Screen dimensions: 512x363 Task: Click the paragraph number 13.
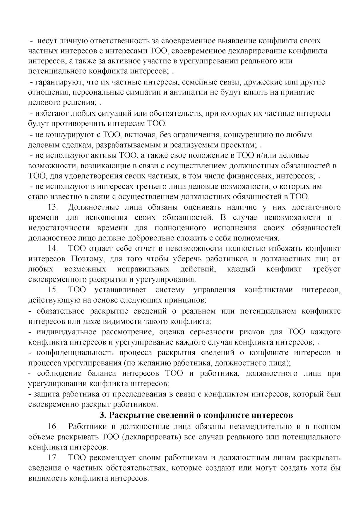click(53, 207)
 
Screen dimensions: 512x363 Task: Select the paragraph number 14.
click(53, 249)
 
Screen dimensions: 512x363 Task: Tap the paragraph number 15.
click(53, 290)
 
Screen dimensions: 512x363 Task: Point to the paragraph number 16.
click(53, 426)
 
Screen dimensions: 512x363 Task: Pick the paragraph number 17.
click(53, 457)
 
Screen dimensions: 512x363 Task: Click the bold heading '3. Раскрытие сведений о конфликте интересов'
click(196, 415)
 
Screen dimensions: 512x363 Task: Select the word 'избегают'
click(52, 113)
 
